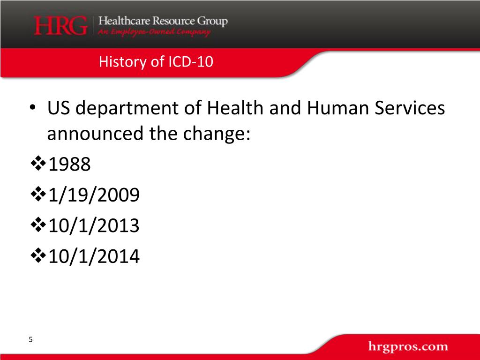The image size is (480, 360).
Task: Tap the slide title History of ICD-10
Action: (x=156, y=62)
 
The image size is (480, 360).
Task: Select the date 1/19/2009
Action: (x=93, y=195)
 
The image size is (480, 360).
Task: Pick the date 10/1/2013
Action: (x=93, y=226)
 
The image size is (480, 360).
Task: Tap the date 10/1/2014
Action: (x=93, y=256)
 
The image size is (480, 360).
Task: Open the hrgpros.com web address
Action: (x=408, y=347)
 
